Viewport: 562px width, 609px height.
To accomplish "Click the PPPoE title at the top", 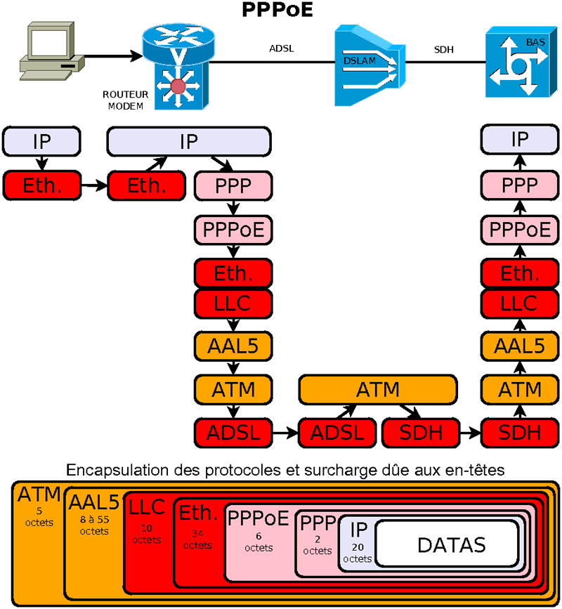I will pos(277,11).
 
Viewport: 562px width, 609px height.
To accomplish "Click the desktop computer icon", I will pos(48,53).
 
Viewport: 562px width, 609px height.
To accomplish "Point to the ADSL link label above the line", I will pos(281,49).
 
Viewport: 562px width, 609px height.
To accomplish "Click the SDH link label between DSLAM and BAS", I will pos(443,49).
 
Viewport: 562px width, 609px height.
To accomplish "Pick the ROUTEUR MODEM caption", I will pos(123,100).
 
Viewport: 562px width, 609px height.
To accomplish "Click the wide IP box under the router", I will pos(188,141).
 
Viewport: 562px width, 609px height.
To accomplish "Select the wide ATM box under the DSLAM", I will pos(378,388).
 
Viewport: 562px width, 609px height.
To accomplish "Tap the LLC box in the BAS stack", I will pos(520,303).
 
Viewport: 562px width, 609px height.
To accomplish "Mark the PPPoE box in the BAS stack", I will pos(520,229).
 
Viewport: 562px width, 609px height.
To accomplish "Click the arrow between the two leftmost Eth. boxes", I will pos(93,186).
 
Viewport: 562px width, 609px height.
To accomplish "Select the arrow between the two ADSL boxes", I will pos(285,432).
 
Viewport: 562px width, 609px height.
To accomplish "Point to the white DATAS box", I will pos(451,544).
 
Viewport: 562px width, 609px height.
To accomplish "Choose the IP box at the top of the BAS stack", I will pos(520,140).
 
